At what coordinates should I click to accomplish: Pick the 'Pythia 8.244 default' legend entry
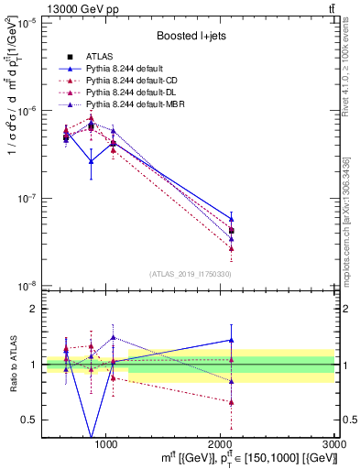point(126,69)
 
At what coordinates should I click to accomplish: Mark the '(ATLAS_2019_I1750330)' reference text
point(190,274)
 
